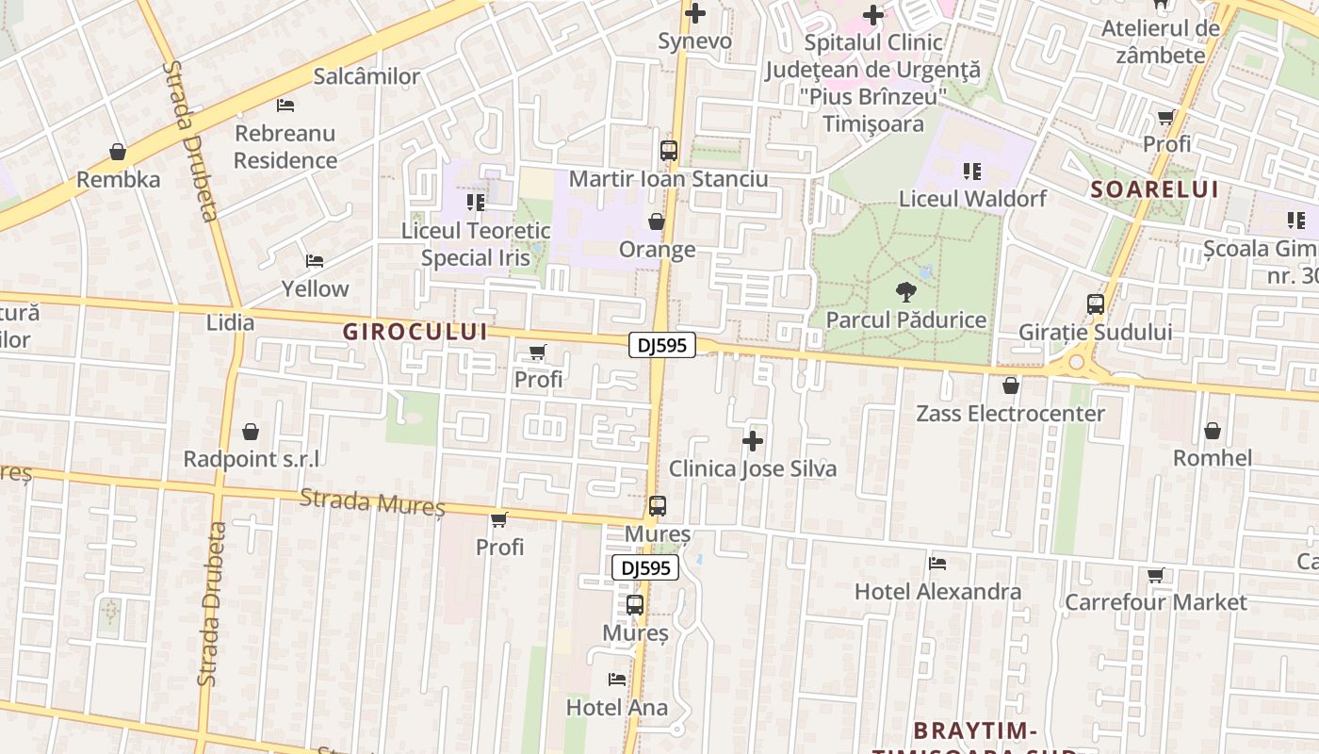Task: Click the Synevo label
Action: click(694, 41)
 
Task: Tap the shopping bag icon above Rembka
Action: click(118, 152)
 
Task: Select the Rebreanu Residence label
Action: click(285, 147)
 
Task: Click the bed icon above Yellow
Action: click(315, 261)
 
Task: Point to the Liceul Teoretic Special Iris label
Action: click(476, 244)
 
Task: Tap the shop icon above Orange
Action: click(657, 221)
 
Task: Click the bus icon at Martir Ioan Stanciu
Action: click(669, 150)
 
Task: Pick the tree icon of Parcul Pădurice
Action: click(906, 291)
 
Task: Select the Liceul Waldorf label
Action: click(972, 199)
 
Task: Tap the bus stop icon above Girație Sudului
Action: click(1096, 304)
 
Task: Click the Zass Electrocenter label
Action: click(1011, 414)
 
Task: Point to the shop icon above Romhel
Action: click(1213, 431)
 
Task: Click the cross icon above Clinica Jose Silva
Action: click(753, 440)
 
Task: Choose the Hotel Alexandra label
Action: click(937, 592)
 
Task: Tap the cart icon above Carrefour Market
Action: click(1156, 575)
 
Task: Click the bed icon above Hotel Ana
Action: click(617, 679)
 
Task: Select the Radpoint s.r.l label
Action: click(251, 459)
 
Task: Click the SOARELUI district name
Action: click(1154, 189)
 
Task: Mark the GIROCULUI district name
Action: click(415, 332)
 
